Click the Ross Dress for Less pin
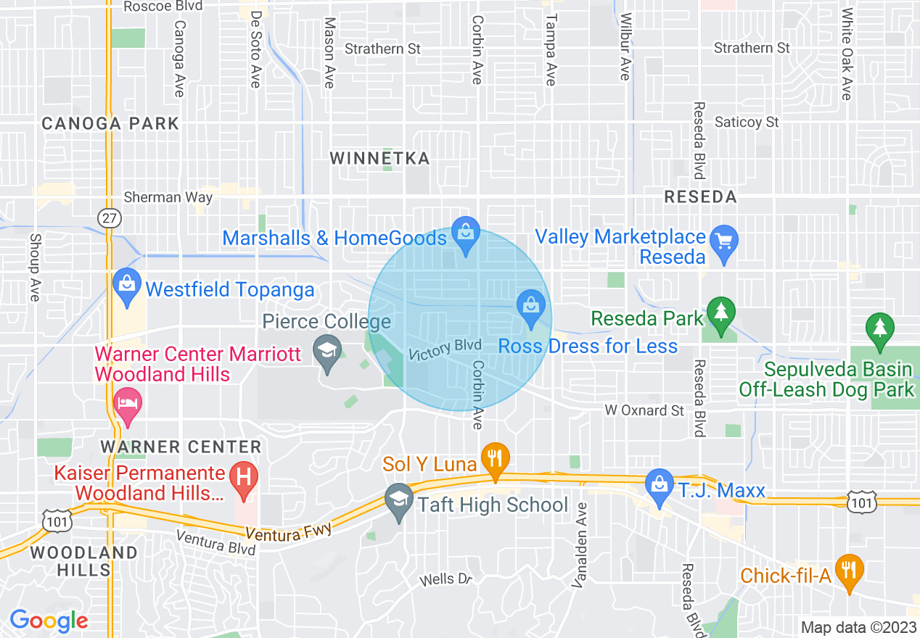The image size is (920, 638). pyautogui.click(x=531, y=307)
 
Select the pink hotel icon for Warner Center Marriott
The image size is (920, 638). pyautogui.click(x=128, y=405)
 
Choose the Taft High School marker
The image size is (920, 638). pyautogui.click(x=398, y=501)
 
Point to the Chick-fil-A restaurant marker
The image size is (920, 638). pyautogui.click(x=847, y=571)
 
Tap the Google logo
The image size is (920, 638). pyautogui.click(x=49, y=621)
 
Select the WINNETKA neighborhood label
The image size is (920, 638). pyautogui.click(x=379, y=158)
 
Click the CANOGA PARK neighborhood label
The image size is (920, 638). pyautogui.click(x=110, y=123)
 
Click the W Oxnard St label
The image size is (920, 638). pyautogui.click(x=644, y=410)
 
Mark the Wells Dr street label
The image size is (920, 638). pyautogui.click(x=446, y=579)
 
